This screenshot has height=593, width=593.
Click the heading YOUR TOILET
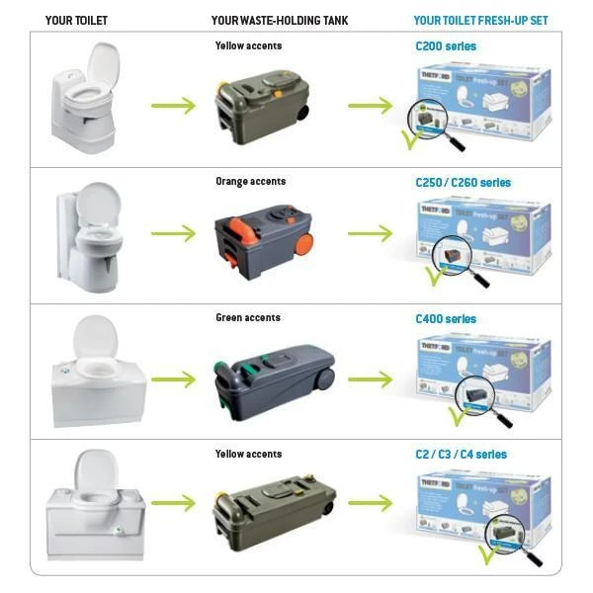76,20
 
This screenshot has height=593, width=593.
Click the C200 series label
446,46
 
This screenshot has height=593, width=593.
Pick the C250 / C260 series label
464,183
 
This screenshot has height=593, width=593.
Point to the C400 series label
446,319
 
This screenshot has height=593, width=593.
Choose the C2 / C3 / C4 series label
462,455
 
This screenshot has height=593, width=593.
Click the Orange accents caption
250,182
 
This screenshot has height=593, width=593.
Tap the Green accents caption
248,318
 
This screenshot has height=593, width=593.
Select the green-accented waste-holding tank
266,373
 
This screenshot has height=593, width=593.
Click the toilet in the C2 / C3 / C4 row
96,504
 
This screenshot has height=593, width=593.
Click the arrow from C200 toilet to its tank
174,102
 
